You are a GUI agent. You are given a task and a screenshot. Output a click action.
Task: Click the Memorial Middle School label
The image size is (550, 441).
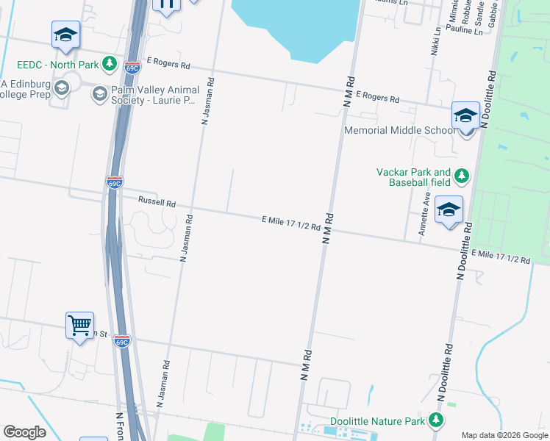pyautogui.click(x=400, y=131)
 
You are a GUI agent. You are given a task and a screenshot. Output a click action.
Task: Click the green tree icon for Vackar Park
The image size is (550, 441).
pyautogui.click(x=462, y=176)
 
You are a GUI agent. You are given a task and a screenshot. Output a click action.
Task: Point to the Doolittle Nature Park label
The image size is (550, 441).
pyautogui.click(x=377, y=421)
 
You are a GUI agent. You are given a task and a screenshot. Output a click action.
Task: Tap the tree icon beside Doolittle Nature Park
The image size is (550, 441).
pyautogui.click(x=437, y=420)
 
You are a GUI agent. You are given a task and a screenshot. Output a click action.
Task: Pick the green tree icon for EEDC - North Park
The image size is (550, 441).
pyautogui.click(x=110, y=64)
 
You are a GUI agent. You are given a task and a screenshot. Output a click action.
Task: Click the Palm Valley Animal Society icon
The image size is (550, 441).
pyautogui.click(x=99, y=93)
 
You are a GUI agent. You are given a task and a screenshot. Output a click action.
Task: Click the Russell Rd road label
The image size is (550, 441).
pyautogui.click(x=157, y=202)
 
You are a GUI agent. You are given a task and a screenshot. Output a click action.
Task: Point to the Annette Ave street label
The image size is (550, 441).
pyautogui.click(x=424, y=213)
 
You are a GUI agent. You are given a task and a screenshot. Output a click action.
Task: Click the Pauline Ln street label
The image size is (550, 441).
pyautogui.click(x=464, y=32)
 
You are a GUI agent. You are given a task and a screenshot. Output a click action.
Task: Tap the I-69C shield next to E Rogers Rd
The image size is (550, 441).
pyautogui.click(x=132, y=67)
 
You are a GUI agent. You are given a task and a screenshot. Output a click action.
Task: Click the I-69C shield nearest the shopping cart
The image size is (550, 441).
pyautogui.click(x=122, y=341)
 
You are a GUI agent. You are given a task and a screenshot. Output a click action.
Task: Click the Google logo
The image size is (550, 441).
pyautogui.click(x=24, y=432)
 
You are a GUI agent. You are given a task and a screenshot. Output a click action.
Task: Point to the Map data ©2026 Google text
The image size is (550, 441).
pyautogui.click(x=504, y=435)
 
